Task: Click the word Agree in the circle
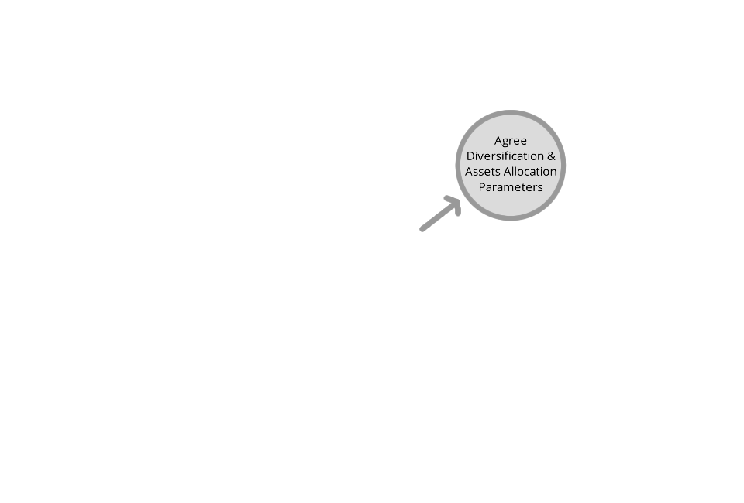[511, 141]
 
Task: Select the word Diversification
[505, 156]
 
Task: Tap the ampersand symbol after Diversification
[551, 156]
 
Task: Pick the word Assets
[483, 172]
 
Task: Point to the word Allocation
[530, 172]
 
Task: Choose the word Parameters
[511, 187]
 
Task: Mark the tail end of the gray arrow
[422, 230]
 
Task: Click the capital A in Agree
[498, 141]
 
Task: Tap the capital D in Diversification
[470, 156]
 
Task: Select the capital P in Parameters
[482, 187]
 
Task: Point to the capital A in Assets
[469, 172]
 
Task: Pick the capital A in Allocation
[508, 172]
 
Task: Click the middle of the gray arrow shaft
[440, 215]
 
